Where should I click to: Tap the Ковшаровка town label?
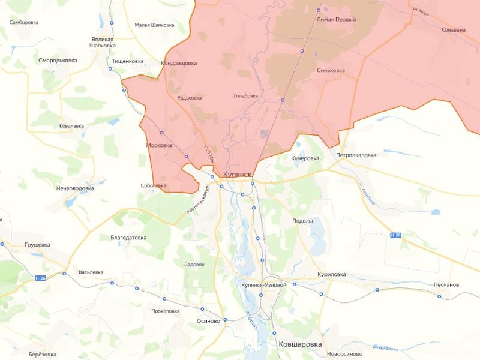pos(300,344)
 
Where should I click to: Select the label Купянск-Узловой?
pos(263,285)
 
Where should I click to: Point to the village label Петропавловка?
pos(356,155)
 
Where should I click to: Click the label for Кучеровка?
pos(305,158)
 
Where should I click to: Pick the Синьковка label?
pos(331,70)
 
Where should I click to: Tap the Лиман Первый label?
pos(332,20)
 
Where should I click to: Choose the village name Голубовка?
pos(246,95)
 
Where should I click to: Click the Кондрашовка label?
pos(179,63)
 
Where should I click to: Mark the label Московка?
pos(159,145)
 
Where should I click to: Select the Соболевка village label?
pos(154,185)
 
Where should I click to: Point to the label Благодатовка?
pos(129,238)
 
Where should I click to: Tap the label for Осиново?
pos(209,320)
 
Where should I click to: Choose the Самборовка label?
pos(24,22)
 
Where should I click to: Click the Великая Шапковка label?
pos(101,41)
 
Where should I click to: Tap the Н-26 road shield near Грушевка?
pos(40,278)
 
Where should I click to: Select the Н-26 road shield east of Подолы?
pos(395,235)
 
